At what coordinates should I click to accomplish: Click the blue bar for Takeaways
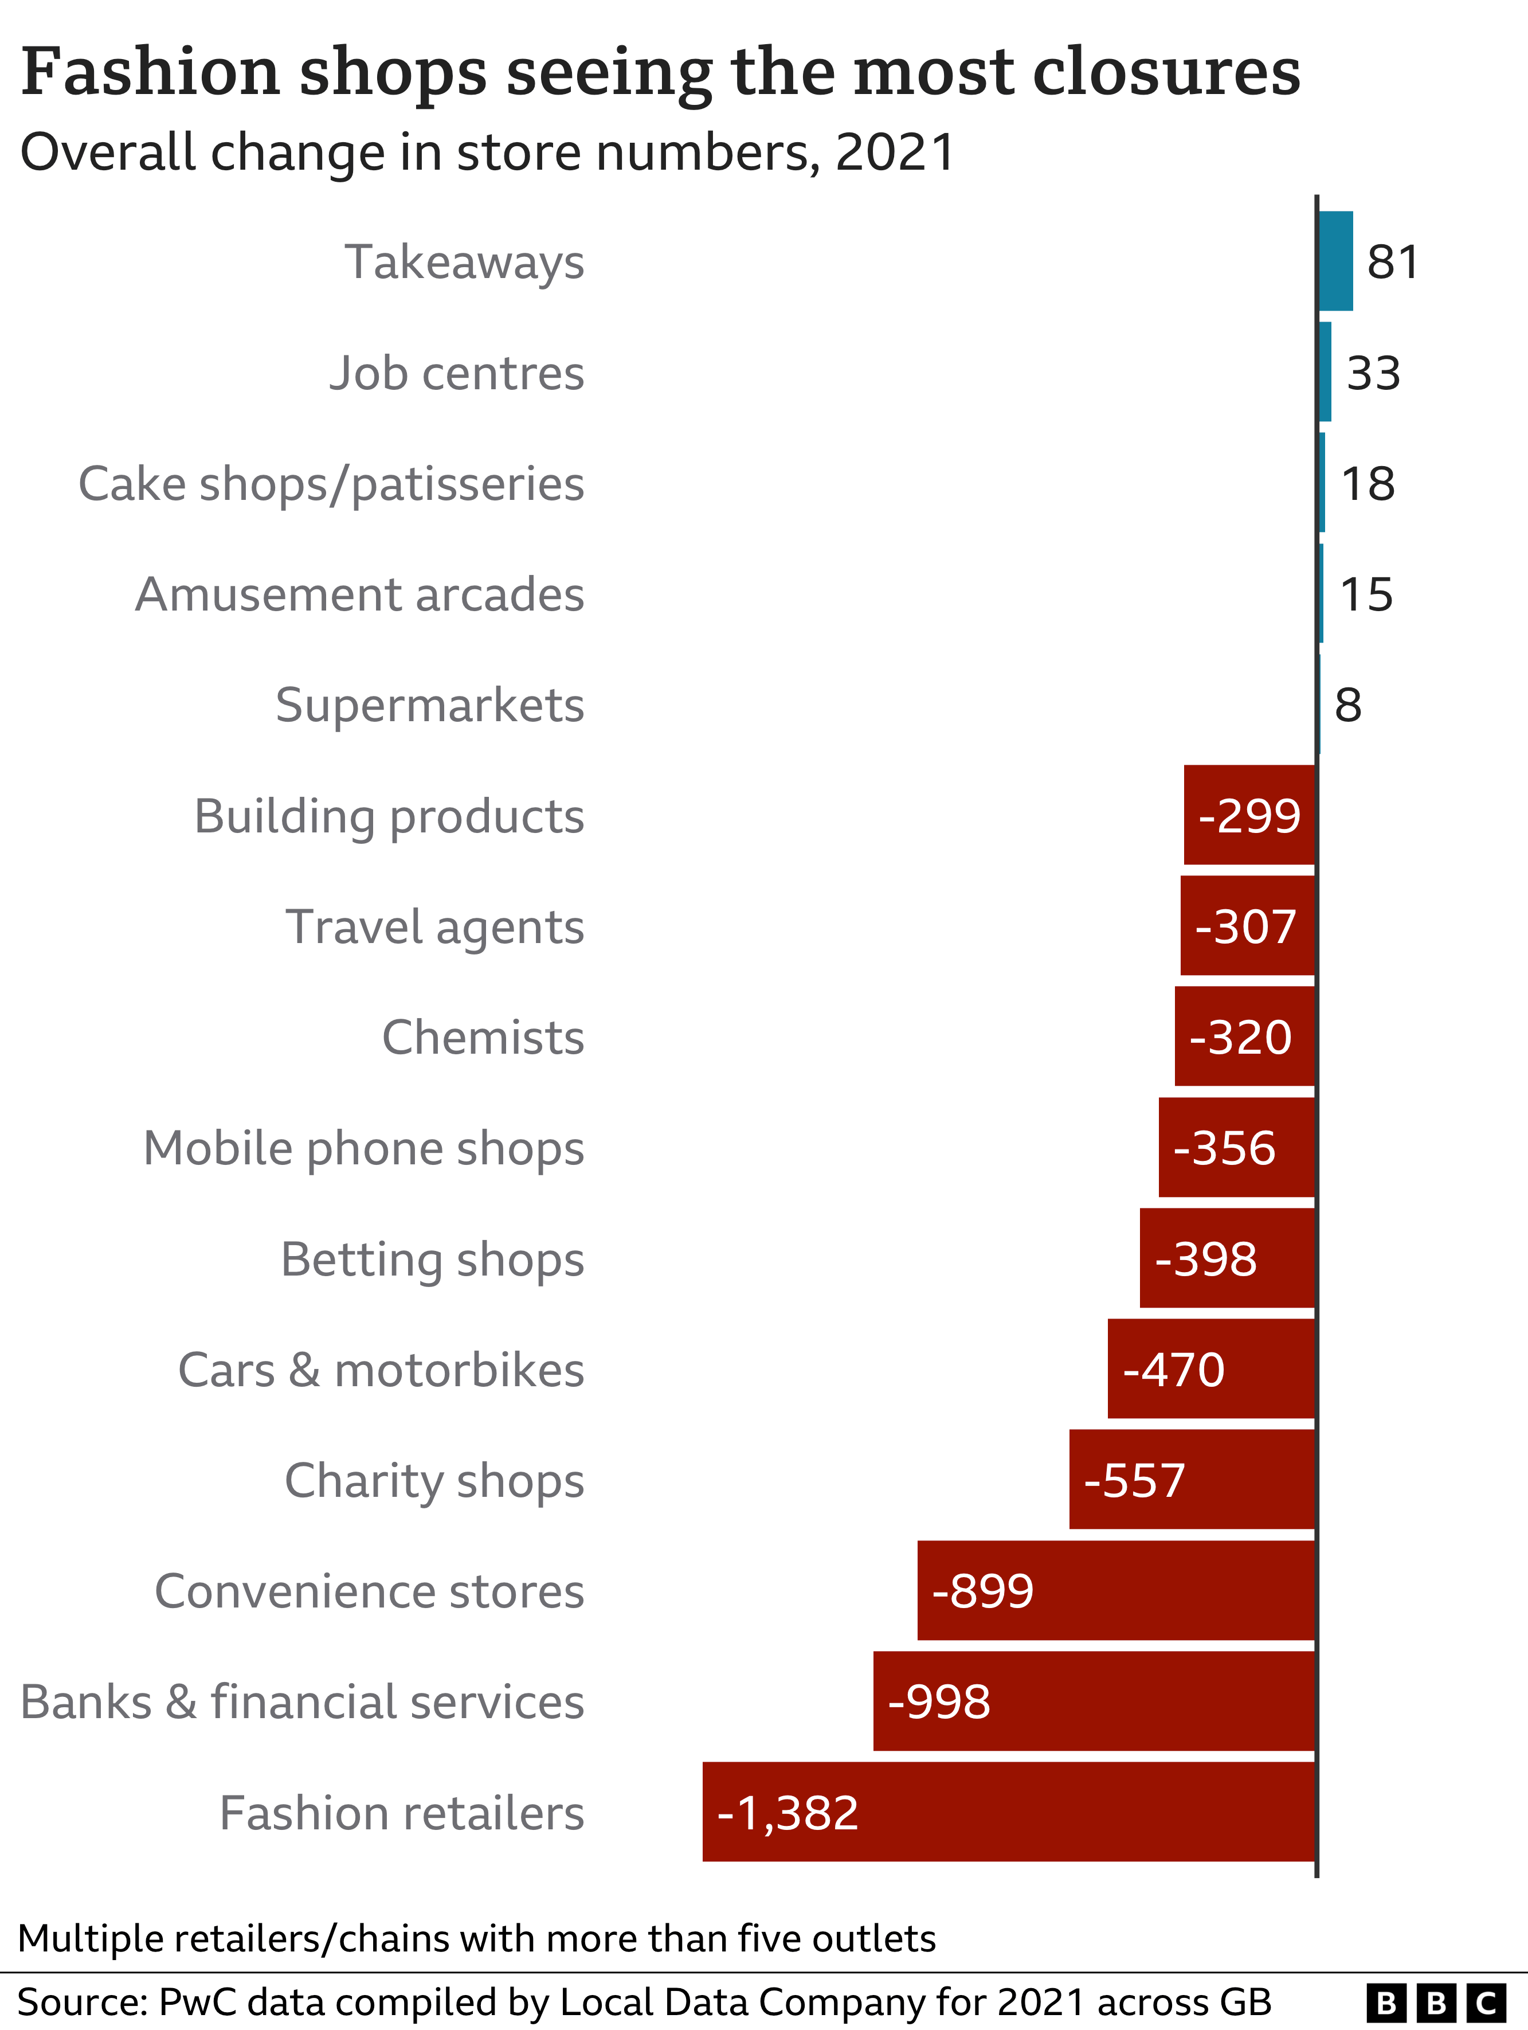point(1335,261)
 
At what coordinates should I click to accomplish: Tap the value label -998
point(939,1703)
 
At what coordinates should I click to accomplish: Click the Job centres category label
point(456,374)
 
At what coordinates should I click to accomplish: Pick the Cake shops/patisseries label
point(331,484)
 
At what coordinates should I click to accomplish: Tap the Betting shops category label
point(432,1259)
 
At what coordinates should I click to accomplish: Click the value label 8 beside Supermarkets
point(1347,706)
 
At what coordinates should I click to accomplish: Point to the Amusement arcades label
point(360,594)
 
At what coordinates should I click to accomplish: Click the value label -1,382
point(787,1813)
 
